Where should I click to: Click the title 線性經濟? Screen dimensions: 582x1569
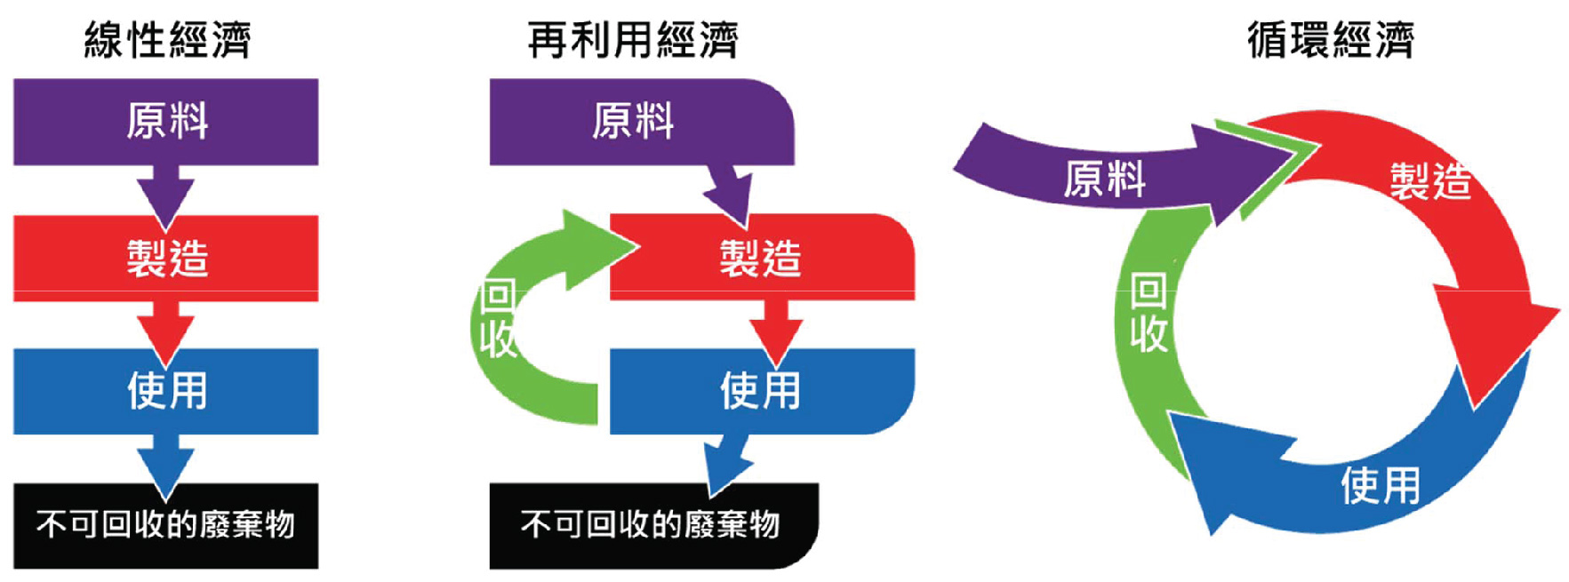point(167,40)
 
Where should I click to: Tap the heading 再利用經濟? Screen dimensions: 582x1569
point(632,40)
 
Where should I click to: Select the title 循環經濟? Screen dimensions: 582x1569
point(1330,40)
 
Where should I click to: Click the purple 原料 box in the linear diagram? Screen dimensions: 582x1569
point(166,121)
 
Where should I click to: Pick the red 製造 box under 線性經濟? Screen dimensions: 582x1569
point(166,258)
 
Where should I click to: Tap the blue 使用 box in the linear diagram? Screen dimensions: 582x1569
point(166,390)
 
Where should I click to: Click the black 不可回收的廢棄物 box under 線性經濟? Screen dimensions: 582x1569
point(166,525)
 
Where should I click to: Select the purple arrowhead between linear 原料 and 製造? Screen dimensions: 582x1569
point(165,201)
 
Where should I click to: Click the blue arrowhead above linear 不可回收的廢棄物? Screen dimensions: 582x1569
point(165,469)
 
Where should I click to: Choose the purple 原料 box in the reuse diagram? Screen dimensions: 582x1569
point(633,121)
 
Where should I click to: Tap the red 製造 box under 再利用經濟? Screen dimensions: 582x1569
point(761,258)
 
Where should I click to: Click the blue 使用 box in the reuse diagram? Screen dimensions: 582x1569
point(761,390)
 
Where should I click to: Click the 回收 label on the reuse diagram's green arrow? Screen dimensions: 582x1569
point(497,318)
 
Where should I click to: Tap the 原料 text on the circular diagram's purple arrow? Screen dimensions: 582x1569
point(1104,179)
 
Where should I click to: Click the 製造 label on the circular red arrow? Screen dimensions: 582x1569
point(1429,181)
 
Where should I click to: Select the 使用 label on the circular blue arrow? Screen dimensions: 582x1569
point(1380,486)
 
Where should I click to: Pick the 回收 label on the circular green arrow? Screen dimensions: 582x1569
point(1148,313)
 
